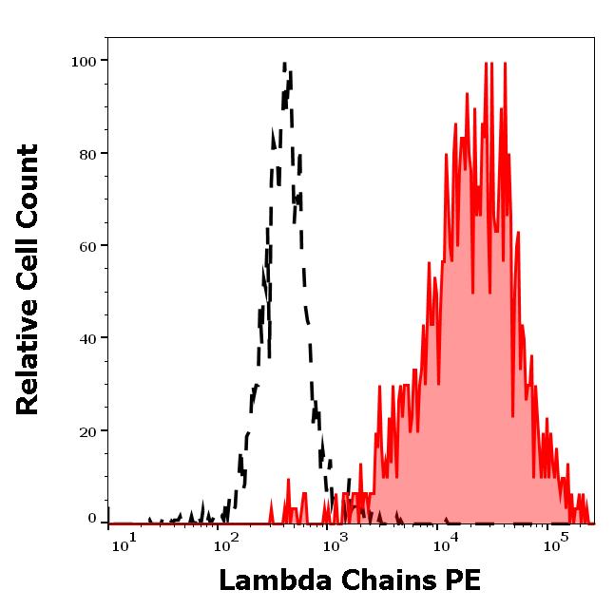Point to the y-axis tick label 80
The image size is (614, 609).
[x=87, y=154]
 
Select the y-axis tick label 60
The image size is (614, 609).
[x=87, y=246]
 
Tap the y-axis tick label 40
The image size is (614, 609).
[x=87, y=338]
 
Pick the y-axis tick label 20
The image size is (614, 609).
[x=87, y=431]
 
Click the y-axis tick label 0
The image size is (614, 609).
[x=92, y=519]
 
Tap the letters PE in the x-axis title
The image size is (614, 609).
[x=466, y=580]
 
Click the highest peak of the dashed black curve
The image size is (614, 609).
[x=285, y=65]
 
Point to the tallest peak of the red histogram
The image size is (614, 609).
[x=488, y=64]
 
